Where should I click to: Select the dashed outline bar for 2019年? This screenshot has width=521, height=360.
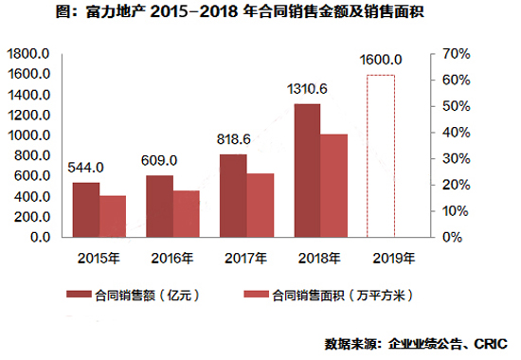click(380, 155)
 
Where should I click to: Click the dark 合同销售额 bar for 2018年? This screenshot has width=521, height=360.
click(307, 170)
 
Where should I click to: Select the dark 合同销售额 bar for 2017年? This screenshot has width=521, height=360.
click(233, 194)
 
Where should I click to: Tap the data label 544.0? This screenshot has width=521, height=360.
click(86, 169)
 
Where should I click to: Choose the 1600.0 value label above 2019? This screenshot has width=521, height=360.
click(381, 60)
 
